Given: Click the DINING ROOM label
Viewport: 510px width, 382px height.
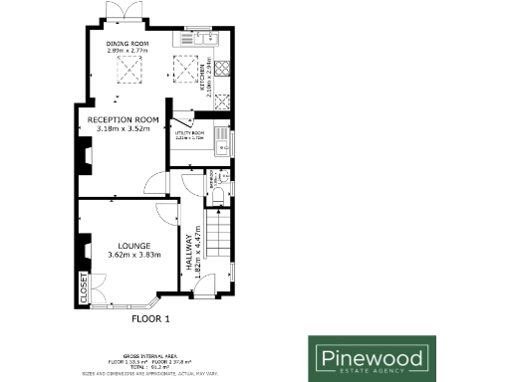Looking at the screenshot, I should pyautogui.click(x=127, y=44).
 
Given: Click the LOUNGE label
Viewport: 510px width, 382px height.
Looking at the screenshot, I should pyautogui.click(x=133, y=245).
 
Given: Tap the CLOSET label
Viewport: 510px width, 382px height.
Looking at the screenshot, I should pyautogui.click(x=84, y=288).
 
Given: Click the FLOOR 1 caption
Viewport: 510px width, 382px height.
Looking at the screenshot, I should pyautogui.click(x=152, y=319).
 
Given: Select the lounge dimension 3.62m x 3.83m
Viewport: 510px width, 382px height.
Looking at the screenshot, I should pyautogui.click(x=133, y=256).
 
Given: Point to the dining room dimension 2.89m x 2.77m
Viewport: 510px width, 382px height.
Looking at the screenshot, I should pyautogui.click(x=127, y=51).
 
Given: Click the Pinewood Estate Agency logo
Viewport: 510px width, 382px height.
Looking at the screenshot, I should pyautogui.click(x=370, y=357).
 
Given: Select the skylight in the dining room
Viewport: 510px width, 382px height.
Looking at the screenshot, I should pyautogui.click(x=127, y=71).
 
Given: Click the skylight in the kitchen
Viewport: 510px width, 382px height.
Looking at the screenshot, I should pyautogui.click(x=184, y=71).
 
